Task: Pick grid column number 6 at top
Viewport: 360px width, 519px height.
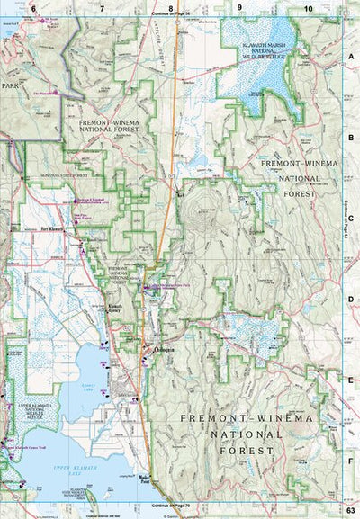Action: [x=33, y=7]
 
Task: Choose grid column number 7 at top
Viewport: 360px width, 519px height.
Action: [x=102, y=7]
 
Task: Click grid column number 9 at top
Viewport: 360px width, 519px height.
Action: [x=240, y=7]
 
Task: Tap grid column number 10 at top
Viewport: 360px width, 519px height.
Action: [x=309, y=7]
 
